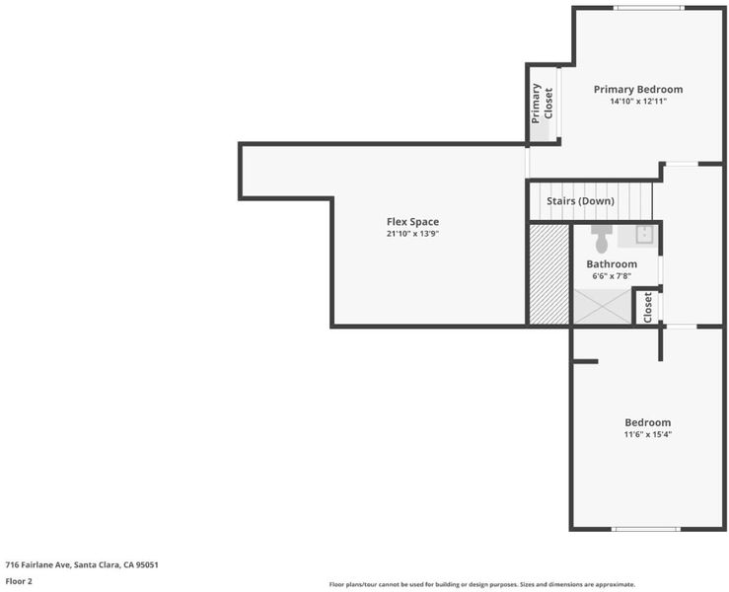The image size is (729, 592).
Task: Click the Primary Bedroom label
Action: (x=638, y=89)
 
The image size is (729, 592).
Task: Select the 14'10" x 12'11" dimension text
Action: (x=638, y=101)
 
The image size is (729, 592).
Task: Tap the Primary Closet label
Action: (x=543, y=104)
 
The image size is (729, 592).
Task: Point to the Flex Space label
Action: (x=412, y=222)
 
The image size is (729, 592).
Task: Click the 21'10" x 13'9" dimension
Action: (x=412, y=234)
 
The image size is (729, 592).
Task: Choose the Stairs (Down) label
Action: (x=580, y=201)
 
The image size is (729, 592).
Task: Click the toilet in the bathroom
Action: (x=602, y=239)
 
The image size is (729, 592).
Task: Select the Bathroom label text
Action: (x=612, y=264)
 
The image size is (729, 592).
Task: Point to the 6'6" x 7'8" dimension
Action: (x=612, y=275)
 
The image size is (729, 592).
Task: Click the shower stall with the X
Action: (x=603, y=307)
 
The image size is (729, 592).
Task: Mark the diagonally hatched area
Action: (x=549, y=274)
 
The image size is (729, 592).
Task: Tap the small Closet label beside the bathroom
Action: (x=647, y=307)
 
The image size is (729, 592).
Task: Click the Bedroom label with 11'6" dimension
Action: (x=648, y=422)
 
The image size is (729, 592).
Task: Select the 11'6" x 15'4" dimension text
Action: (x=648, y=434)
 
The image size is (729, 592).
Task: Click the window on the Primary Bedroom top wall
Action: (x=648, y=8)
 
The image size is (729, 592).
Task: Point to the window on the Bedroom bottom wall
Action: (x=645, y=529)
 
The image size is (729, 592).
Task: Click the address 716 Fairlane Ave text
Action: (x=82, y=565)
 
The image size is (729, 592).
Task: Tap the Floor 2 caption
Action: (x=19, y=581)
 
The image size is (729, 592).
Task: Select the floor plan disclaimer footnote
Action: (x=482, y=584)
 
